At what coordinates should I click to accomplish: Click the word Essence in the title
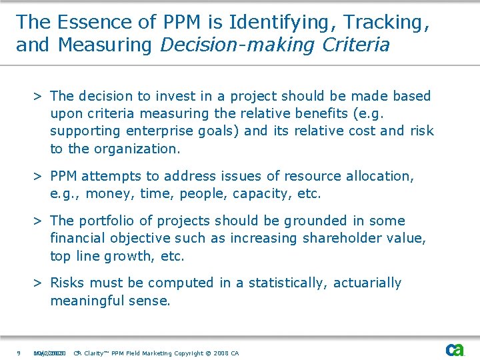[83, 22]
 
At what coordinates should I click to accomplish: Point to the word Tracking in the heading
[385, 22]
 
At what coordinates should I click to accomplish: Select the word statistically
[285, 283]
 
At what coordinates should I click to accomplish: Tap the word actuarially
[367, 283]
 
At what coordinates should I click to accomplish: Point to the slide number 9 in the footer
[19, 353]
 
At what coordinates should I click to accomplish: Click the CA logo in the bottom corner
[455, 350]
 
